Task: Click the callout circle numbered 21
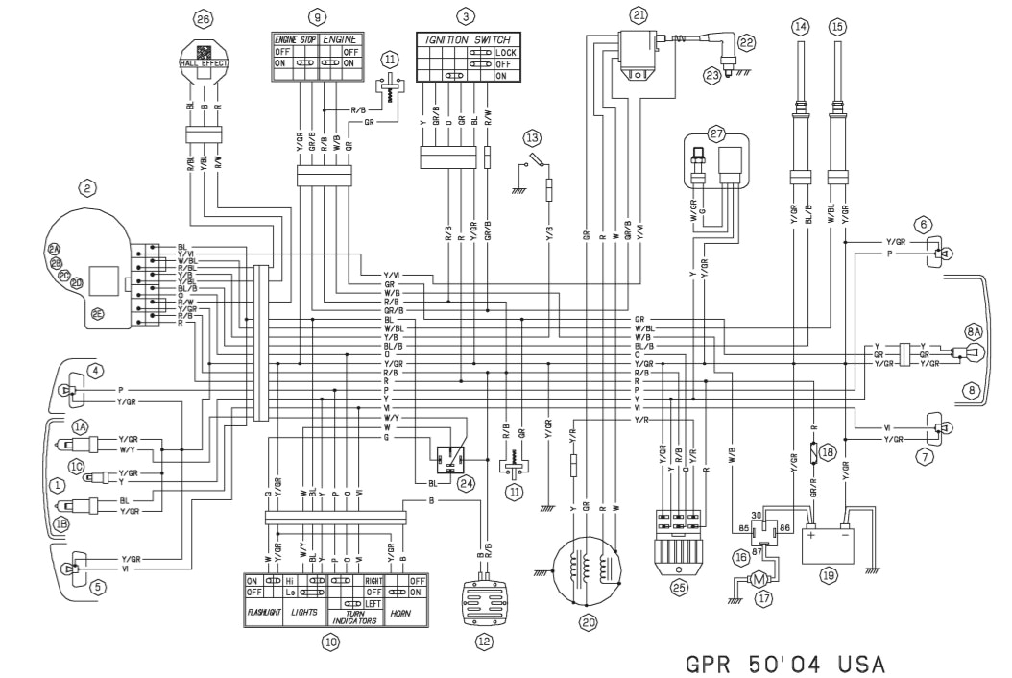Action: point(639,14)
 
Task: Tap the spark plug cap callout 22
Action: point(745,41)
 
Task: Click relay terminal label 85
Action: point(743,527)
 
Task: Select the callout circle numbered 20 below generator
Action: point(587,621)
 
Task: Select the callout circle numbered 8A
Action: point(974,330)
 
